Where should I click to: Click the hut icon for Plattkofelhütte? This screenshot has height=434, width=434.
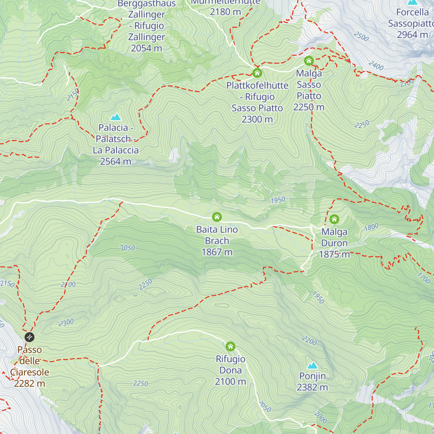257,73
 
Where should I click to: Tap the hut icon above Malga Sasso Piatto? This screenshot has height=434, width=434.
309,60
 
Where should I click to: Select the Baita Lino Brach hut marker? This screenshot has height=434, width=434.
217,217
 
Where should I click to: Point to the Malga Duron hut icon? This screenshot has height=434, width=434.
334,219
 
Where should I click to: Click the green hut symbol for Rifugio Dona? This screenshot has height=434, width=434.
230,346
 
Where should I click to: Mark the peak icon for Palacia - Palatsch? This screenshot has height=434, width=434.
116,117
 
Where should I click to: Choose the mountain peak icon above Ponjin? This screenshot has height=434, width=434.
312,365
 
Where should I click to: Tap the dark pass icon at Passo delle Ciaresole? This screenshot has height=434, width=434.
30,337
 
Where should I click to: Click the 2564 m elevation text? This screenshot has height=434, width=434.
115,161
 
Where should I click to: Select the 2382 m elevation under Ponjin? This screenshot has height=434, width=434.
312,387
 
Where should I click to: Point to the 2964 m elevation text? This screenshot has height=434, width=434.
412,35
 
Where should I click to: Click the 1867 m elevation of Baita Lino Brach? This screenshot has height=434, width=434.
217,252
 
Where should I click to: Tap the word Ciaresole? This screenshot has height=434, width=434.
30,372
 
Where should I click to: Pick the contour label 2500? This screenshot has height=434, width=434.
361,36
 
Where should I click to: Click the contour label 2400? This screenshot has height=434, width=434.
376,65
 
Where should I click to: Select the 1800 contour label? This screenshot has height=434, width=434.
371,227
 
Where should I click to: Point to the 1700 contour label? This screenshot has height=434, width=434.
424,278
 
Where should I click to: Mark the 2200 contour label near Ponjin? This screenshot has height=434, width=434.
310,340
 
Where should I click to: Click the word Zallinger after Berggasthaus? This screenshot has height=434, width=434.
146,14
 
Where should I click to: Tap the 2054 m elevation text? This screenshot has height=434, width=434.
146,48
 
